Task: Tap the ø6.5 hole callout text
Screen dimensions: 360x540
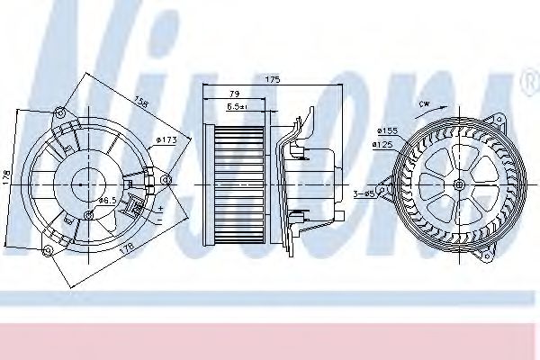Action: coord(105,199)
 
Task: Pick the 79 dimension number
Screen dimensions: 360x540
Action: coord(234,94)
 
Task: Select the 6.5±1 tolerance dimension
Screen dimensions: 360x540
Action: coord(238,107)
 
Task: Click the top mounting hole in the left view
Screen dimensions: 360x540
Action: coord(60,112)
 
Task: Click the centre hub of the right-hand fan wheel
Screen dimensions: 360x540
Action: coord(460,185)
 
